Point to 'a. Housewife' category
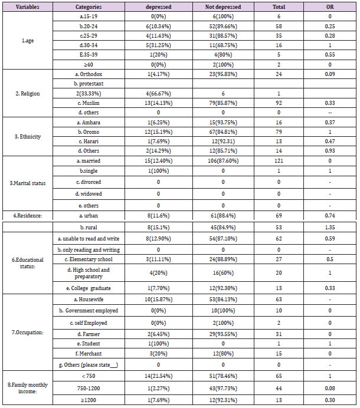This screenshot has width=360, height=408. point(88,300)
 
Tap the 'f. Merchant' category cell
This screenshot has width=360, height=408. point(88,354)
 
